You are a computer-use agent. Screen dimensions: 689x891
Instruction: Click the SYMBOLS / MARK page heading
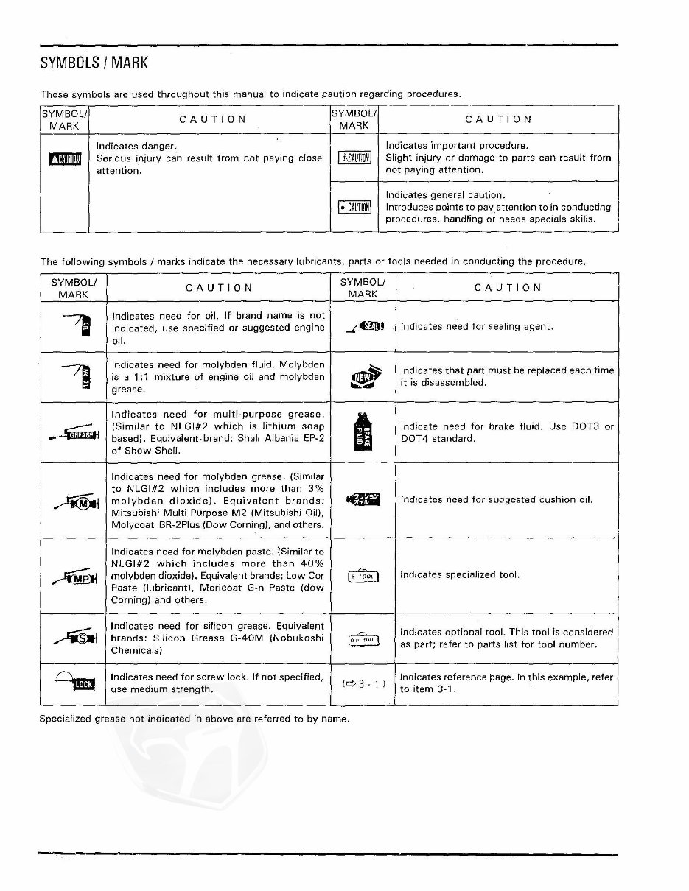pos(94,63)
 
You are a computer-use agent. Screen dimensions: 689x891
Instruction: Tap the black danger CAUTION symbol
pos(64,159)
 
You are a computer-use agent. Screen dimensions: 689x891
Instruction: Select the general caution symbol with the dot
pos(354,207)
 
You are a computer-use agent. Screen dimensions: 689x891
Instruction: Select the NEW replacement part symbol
pos(362,376)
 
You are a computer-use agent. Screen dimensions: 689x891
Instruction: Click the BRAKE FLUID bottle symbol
pos(362,432)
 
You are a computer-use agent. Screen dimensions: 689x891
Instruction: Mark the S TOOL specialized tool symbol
pos(363,576)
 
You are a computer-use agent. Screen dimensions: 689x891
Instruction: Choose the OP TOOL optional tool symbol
pos(363,638)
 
